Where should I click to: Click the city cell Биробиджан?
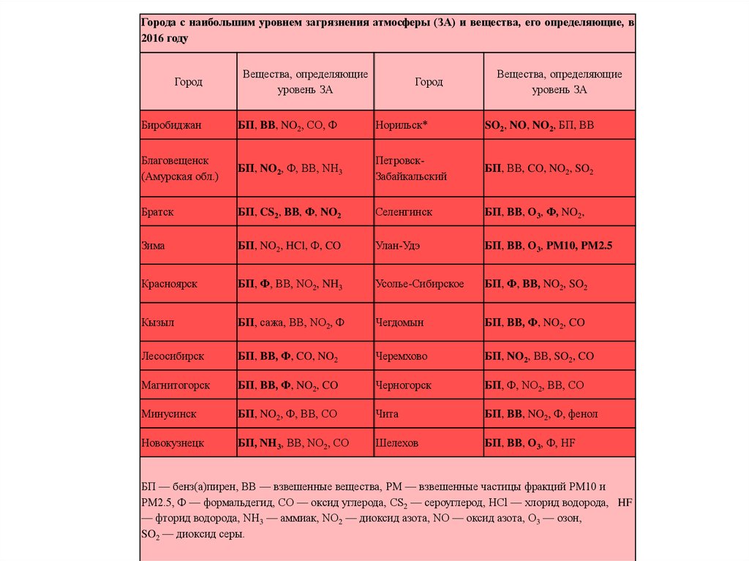coord(171,126)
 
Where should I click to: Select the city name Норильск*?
coord(401,126)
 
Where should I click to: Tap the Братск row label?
coord(157,212)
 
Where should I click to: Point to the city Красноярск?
coord(169,284)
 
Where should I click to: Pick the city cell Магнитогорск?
coord(176,385)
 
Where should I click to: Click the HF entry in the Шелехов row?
coord(568,443)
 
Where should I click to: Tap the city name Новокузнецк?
coord(173,443)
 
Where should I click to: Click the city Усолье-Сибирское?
coord(419,284)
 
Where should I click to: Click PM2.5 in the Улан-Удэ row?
coord(595,246)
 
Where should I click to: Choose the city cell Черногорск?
coord(403,385)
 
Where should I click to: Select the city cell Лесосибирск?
coord(173,356)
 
